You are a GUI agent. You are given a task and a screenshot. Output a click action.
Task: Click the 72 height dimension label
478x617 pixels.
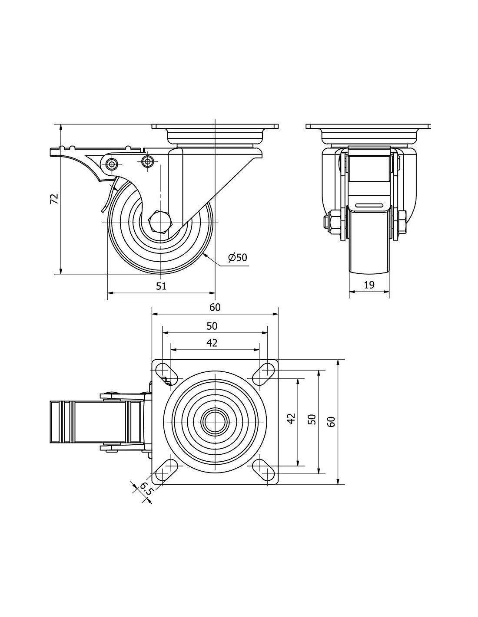pos(54,199)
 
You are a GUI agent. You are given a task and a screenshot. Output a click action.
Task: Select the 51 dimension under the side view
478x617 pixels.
pos(161,286)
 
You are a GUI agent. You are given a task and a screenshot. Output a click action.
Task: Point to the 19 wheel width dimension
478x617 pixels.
pos(369,285)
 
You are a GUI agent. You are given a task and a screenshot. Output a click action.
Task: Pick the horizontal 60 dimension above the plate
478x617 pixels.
pos(215,307)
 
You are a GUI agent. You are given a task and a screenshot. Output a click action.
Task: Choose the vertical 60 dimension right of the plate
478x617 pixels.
pos(331,422)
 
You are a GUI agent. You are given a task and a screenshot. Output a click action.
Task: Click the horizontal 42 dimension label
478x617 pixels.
pos(212,343)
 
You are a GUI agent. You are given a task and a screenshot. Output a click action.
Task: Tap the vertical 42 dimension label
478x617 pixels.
pos(292,418)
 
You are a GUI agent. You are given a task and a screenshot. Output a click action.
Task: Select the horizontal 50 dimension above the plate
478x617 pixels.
pos(212,326)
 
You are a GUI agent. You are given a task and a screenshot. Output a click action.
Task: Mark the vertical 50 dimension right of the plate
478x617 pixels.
pos(312,419)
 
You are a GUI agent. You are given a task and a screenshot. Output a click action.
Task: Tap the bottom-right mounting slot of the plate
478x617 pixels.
pos(263,467)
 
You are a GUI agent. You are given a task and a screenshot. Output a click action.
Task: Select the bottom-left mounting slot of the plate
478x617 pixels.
pos(166,468)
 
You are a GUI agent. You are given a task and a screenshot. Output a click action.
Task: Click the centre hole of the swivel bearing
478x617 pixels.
pos(215,420)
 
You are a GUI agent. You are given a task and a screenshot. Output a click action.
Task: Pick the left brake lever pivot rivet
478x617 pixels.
pos(112,164)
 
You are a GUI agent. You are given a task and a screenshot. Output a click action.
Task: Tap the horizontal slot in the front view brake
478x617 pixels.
pos(369,205)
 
